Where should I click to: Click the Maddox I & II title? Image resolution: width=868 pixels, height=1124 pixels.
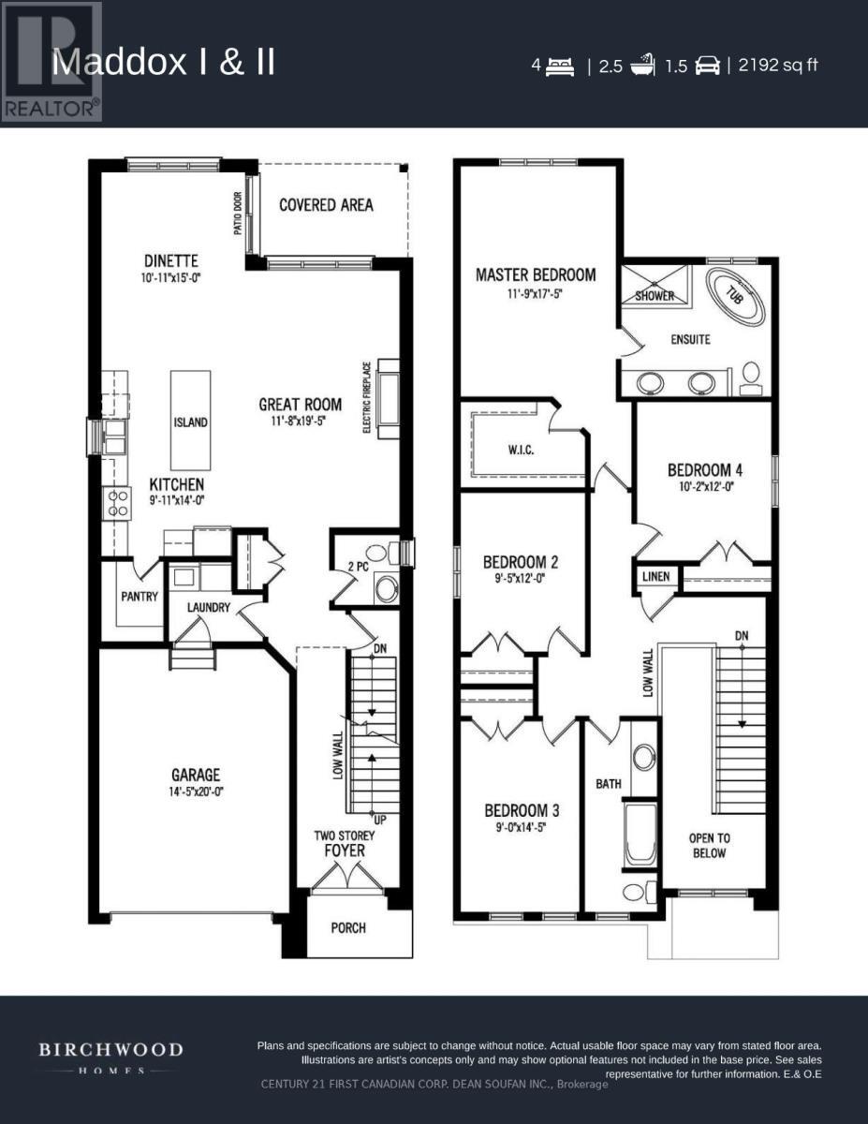(x=164, y=64)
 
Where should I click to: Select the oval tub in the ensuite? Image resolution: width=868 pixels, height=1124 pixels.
(x=734, y=293)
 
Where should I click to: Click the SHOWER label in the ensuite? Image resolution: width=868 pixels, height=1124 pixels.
(x=655, y=296)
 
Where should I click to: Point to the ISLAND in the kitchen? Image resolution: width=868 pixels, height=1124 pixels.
(x=190, y=422)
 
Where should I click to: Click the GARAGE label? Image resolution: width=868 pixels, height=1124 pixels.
(x=196, y=775)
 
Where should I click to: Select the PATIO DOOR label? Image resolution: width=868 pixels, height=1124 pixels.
(x=238, y=213)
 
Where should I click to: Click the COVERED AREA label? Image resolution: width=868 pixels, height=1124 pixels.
(x=326, y=205)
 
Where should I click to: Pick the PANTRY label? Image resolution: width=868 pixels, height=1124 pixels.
(x=140, y=597)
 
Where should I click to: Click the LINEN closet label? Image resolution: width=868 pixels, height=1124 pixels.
(x=655, y=576)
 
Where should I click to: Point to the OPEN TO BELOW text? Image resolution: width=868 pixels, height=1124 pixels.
(x=709, y=845)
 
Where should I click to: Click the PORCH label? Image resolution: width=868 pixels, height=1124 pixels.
(x=347, y=928)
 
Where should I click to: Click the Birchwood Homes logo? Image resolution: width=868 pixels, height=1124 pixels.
(x=110, y=1056)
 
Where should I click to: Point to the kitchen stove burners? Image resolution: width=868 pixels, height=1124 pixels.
(x=116, y=504)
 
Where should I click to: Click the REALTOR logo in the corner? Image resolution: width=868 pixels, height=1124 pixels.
(x=51, y=63)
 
